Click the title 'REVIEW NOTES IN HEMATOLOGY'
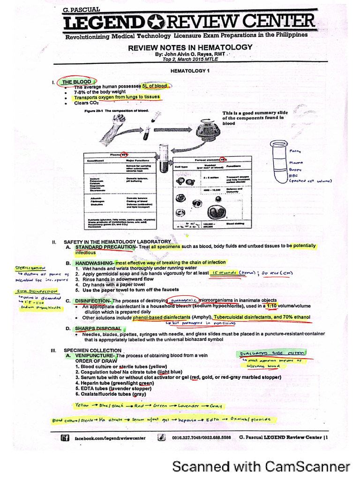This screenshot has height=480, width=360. [x=190, y=47]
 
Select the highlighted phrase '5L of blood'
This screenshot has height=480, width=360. [x=155, y=86]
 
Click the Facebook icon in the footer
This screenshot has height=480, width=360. [x=65, y=438]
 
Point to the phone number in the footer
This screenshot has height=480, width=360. [x=201, y=438]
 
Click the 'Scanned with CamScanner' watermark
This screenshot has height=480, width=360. [x=261, y=466]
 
